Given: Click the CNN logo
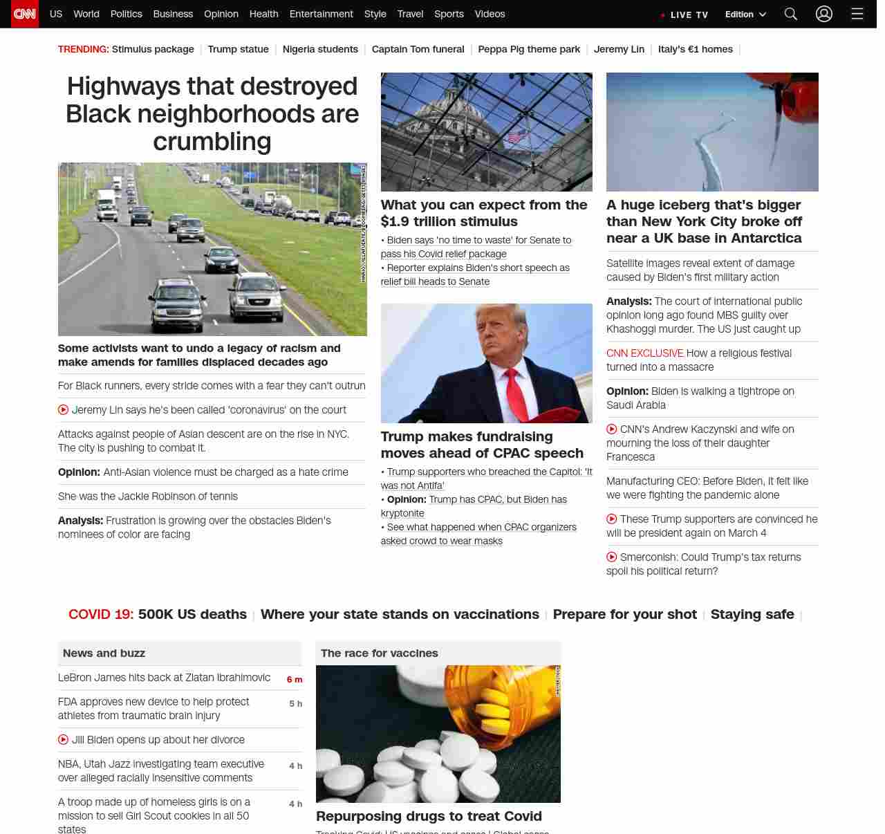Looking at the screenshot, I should point(25,14).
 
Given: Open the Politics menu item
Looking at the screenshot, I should point(126,14).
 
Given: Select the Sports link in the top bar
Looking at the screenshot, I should point(449,14).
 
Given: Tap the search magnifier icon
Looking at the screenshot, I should point(791,14).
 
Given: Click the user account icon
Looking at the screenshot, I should point(823,14).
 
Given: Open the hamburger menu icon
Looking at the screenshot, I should point(857,14).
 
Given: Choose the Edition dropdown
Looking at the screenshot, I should point(745,15).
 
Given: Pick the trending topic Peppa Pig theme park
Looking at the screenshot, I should point(529,49).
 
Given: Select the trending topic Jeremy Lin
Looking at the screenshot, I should point(619,49).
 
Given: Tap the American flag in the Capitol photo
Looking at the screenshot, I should point(515,137).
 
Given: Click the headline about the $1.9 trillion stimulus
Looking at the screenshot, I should point(484,213).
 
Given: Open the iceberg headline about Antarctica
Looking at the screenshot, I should point(704,221).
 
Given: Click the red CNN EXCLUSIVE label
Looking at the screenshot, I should point(644,353).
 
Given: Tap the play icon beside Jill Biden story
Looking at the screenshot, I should point(64,739).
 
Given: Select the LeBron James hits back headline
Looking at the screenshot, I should point(164,678).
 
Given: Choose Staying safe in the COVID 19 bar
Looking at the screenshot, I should point(752,614).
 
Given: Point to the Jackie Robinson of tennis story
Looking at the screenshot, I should point(148,497).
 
